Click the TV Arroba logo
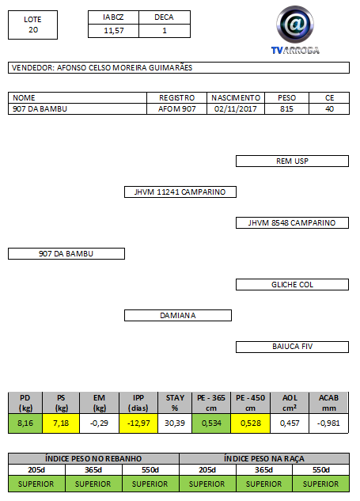[295, 30]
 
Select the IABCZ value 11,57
[114, 31]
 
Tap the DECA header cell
[165, 17]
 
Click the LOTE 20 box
[33, 25]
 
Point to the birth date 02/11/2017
[236, 109]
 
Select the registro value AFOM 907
[176, 109]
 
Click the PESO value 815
[286, 109]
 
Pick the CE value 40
[329, 109]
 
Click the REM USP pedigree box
[292, 161]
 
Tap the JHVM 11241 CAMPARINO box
[180, 192]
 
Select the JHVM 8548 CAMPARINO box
[292, 222]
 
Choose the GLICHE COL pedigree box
[292, 285]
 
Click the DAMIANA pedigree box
[178, 315]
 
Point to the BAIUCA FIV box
[292, 347]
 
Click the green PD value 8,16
[25, 423]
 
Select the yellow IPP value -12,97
[138, 423]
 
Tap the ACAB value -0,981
[328, 423]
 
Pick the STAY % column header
[175, 403]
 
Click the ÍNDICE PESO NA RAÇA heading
[264, 458]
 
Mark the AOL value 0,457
[290, 423]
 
